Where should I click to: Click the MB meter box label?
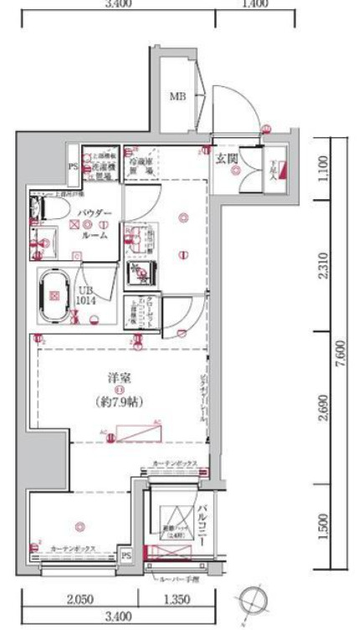177,97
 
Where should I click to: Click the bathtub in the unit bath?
55,295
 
